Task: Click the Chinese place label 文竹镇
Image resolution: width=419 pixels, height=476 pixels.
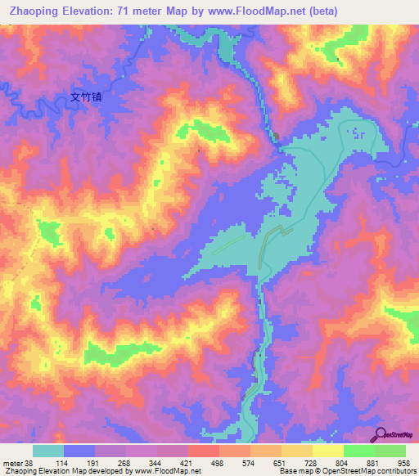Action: coord(86,97)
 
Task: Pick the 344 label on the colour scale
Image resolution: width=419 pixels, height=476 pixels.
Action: coord(156,464)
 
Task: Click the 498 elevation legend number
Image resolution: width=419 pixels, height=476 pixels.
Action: coord(219,464)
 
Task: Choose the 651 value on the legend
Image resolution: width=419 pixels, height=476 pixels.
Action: coord(281,464)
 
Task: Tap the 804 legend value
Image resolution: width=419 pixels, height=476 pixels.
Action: coord(342,464)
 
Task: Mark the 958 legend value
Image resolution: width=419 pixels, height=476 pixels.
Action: coord(404,464)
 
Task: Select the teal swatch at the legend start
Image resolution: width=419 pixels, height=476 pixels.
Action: coord(48,451)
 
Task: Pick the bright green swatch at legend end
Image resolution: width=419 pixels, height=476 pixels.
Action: coord(390,451)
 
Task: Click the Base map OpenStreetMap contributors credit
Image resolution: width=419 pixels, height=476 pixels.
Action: coord(344,472)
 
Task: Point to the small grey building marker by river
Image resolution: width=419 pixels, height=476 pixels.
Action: coord(276,137)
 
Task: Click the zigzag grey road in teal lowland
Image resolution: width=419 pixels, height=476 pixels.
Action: coord(267,245)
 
